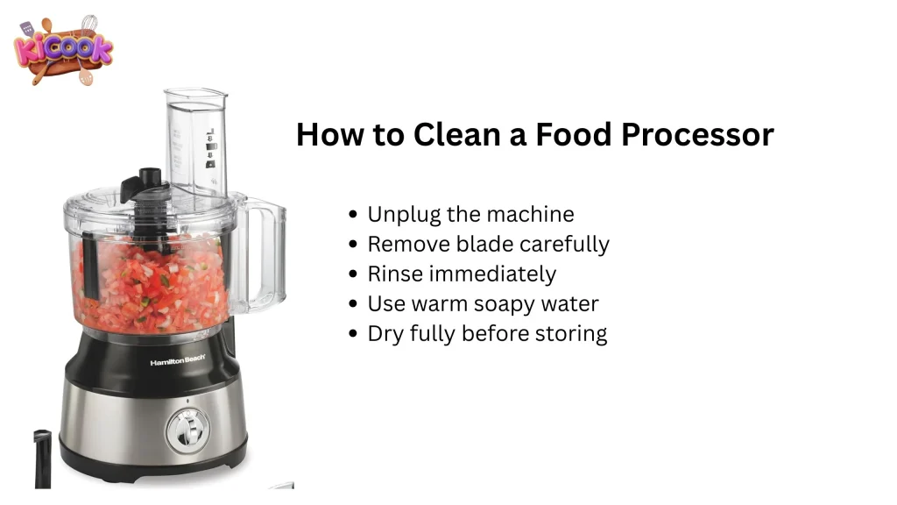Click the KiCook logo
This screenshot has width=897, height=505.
[x=63, y=50]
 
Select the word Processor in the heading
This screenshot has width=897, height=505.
[x=697, y=134]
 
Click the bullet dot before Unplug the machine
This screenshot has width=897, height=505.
[x=352, y=215]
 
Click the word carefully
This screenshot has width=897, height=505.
[x=564, y=245]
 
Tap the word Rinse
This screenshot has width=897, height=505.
[x=392, y=274]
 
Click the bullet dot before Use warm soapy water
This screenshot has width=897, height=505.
[x=352, y=304]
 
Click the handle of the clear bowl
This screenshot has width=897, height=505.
[x=264, y=254]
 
